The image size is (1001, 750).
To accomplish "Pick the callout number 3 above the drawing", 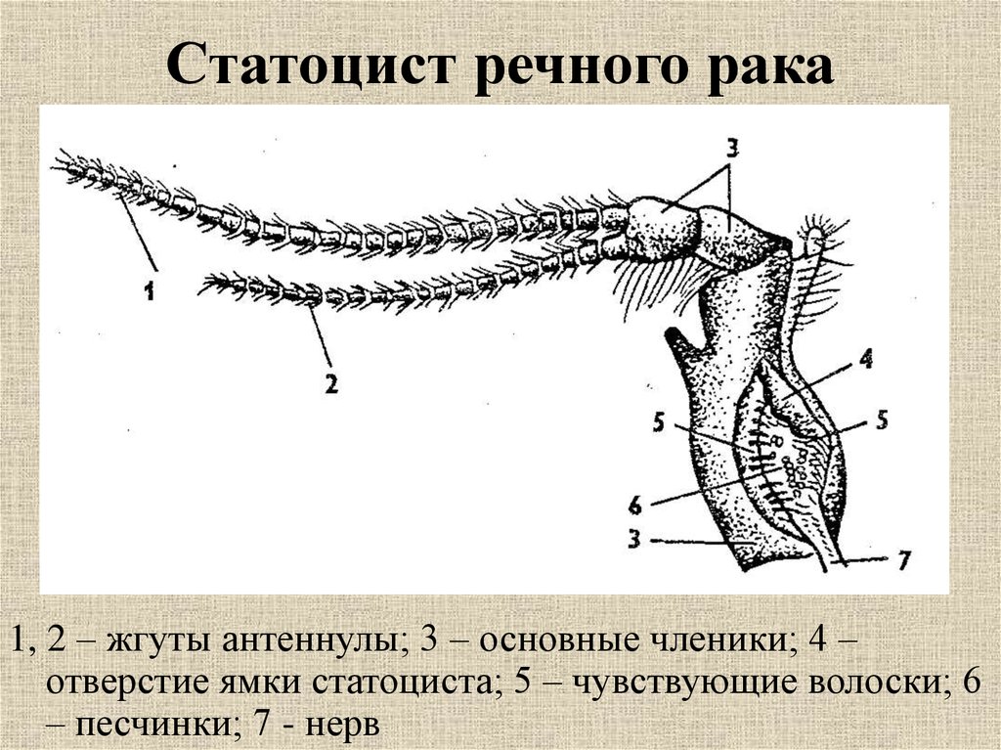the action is point(732,149).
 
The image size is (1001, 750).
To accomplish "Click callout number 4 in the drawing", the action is point(866,359).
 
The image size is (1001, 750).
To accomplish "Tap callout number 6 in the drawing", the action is point(635,506).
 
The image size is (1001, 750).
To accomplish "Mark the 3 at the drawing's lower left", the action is point(633,539).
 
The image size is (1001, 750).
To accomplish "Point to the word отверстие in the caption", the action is point(128,684).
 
